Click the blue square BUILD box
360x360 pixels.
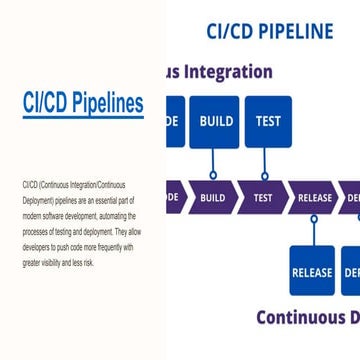coord(216,122)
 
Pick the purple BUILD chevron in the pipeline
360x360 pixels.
coord(212,197)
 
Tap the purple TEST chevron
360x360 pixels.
coord(263,197)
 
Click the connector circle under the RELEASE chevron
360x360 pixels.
coord(314,220)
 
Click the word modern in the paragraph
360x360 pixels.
coord(30,214)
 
